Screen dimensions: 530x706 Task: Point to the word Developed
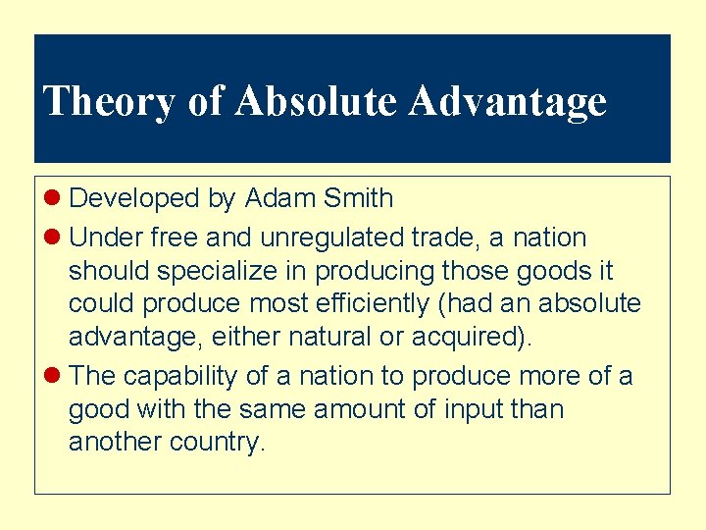tap(134, 198)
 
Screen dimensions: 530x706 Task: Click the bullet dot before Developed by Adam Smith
tap(55, 198)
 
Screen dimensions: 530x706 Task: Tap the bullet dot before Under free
tap(55, 238)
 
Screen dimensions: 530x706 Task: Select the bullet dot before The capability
tap(55, 375)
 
